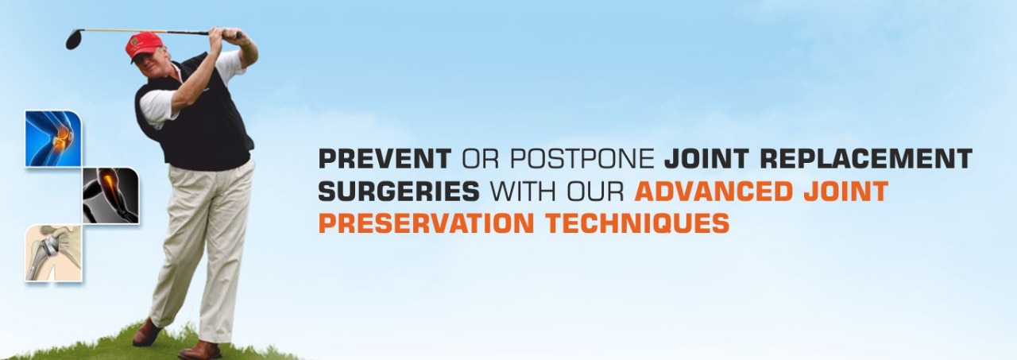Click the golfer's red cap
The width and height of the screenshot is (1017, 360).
coord(144,45)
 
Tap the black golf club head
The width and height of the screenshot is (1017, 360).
coord(74,39)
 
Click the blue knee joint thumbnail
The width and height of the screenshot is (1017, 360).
coord(53,138)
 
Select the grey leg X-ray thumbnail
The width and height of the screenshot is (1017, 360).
coord(110,195)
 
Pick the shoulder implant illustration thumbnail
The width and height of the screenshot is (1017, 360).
coord(53,253)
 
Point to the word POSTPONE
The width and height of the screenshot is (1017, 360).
coord(582,158)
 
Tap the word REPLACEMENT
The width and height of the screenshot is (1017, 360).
coord(866,158)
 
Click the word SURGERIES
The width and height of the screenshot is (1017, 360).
coord(399,191)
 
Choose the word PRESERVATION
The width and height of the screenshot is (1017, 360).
coord(427,223)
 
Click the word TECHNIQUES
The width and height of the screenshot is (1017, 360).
coord(637,223)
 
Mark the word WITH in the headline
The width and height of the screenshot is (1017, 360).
coord(523,191)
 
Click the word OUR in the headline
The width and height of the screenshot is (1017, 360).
coord(595,191)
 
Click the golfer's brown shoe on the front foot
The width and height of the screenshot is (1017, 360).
coord(199,350)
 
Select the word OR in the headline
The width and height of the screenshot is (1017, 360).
coord(481,158)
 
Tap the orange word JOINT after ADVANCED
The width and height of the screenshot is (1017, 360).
coord(846,191)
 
